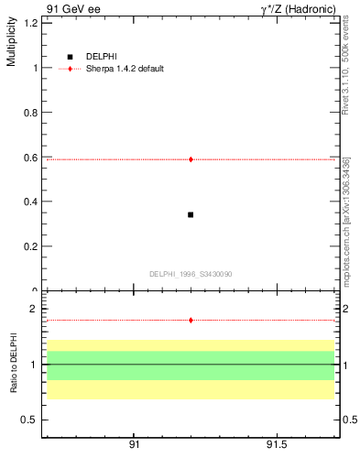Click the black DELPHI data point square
(x=191, y=214)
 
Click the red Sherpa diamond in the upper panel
(x=191, y=159)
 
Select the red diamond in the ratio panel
(x=191, y=320)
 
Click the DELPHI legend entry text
(x=101, y=57)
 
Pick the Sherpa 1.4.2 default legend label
(x=125, y=69)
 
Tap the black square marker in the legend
(x=70, y=57)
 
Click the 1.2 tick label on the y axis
(x=31, y=23)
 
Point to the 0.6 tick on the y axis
(x=31, y=158)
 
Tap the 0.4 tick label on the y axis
(x=31, y=202)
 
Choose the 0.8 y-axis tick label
(x=31, y=113)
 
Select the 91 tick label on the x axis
(x=134, y=444)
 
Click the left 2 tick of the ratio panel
(x=33, y=309)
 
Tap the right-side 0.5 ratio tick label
(x=348, y=420)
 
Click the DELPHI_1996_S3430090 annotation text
(x=191, y=274)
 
